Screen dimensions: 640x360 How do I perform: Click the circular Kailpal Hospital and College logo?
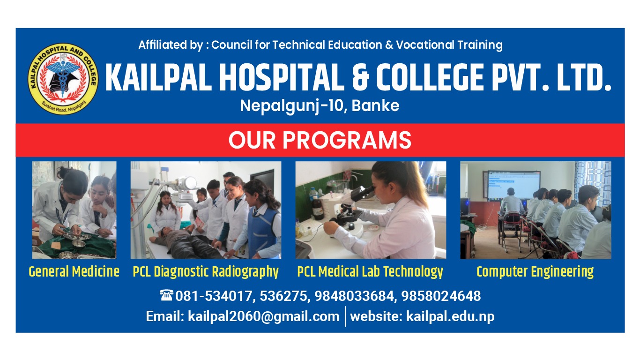pyautogui.click(x=63, y=79)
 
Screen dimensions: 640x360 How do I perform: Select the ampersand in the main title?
pyautogui.click(x=361, y=77)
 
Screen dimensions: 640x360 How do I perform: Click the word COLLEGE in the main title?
pyautogui.click(x=430, y=77)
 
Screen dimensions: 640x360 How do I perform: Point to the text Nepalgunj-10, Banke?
pyautogui.click(x=320, y=106)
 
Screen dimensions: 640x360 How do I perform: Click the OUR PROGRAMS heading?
pyautogui.click(x=320, y=140)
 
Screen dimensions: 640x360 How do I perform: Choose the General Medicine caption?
pyautogui.click(x=74, y=272)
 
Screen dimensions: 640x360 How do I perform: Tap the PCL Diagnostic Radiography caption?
pyautogui.click(x=205, y=272)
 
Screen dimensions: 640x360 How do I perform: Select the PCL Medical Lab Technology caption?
pyautogui.click(x=370, y=272)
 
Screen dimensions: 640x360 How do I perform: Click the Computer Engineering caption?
pyautogui.click(x=535, y=272)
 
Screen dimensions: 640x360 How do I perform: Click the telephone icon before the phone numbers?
pyautogui.click(x=166, y=295)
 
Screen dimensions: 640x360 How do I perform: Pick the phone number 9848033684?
pyautogui.click(x=354, y=296)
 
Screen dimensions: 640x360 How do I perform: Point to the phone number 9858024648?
pyautogui.click(x=441, y=296)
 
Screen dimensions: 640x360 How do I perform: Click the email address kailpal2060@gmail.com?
pyautogui.click(x=263, y=316)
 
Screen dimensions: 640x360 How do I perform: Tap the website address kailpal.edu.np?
pyautogui.click(x=450, y=316)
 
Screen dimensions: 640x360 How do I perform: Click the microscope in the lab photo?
pyautogui.click(x=350, y=210)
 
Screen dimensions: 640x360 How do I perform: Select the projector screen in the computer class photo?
pyautogui.click(x=513, y=185)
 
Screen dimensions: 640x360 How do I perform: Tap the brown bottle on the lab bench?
pyautogui.click(x=318, y=208)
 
